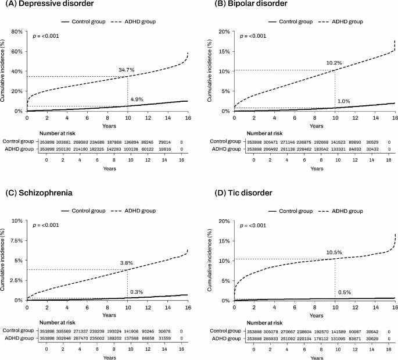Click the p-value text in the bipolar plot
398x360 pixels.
point(250,36)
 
